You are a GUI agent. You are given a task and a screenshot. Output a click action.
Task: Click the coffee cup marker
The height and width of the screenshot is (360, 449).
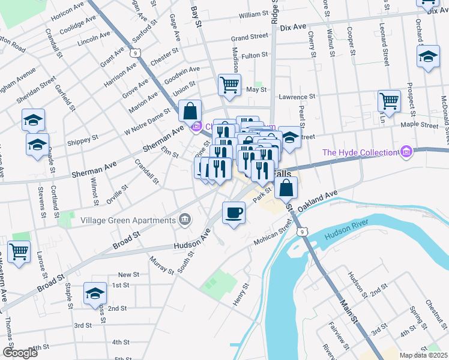point(234,212)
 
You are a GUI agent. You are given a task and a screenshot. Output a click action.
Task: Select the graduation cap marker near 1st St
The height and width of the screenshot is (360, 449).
point(95,293)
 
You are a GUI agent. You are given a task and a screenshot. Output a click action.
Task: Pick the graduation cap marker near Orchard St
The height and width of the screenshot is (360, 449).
point(428,57)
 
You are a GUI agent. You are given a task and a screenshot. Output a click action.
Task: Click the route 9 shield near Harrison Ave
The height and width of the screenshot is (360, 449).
point(137,54)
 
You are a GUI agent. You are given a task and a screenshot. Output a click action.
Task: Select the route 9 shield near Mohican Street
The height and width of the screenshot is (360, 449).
point(303,230)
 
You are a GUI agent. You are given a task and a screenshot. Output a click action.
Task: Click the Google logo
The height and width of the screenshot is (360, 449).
point(20,352)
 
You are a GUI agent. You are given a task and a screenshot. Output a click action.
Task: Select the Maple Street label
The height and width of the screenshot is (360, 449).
point(421,125)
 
